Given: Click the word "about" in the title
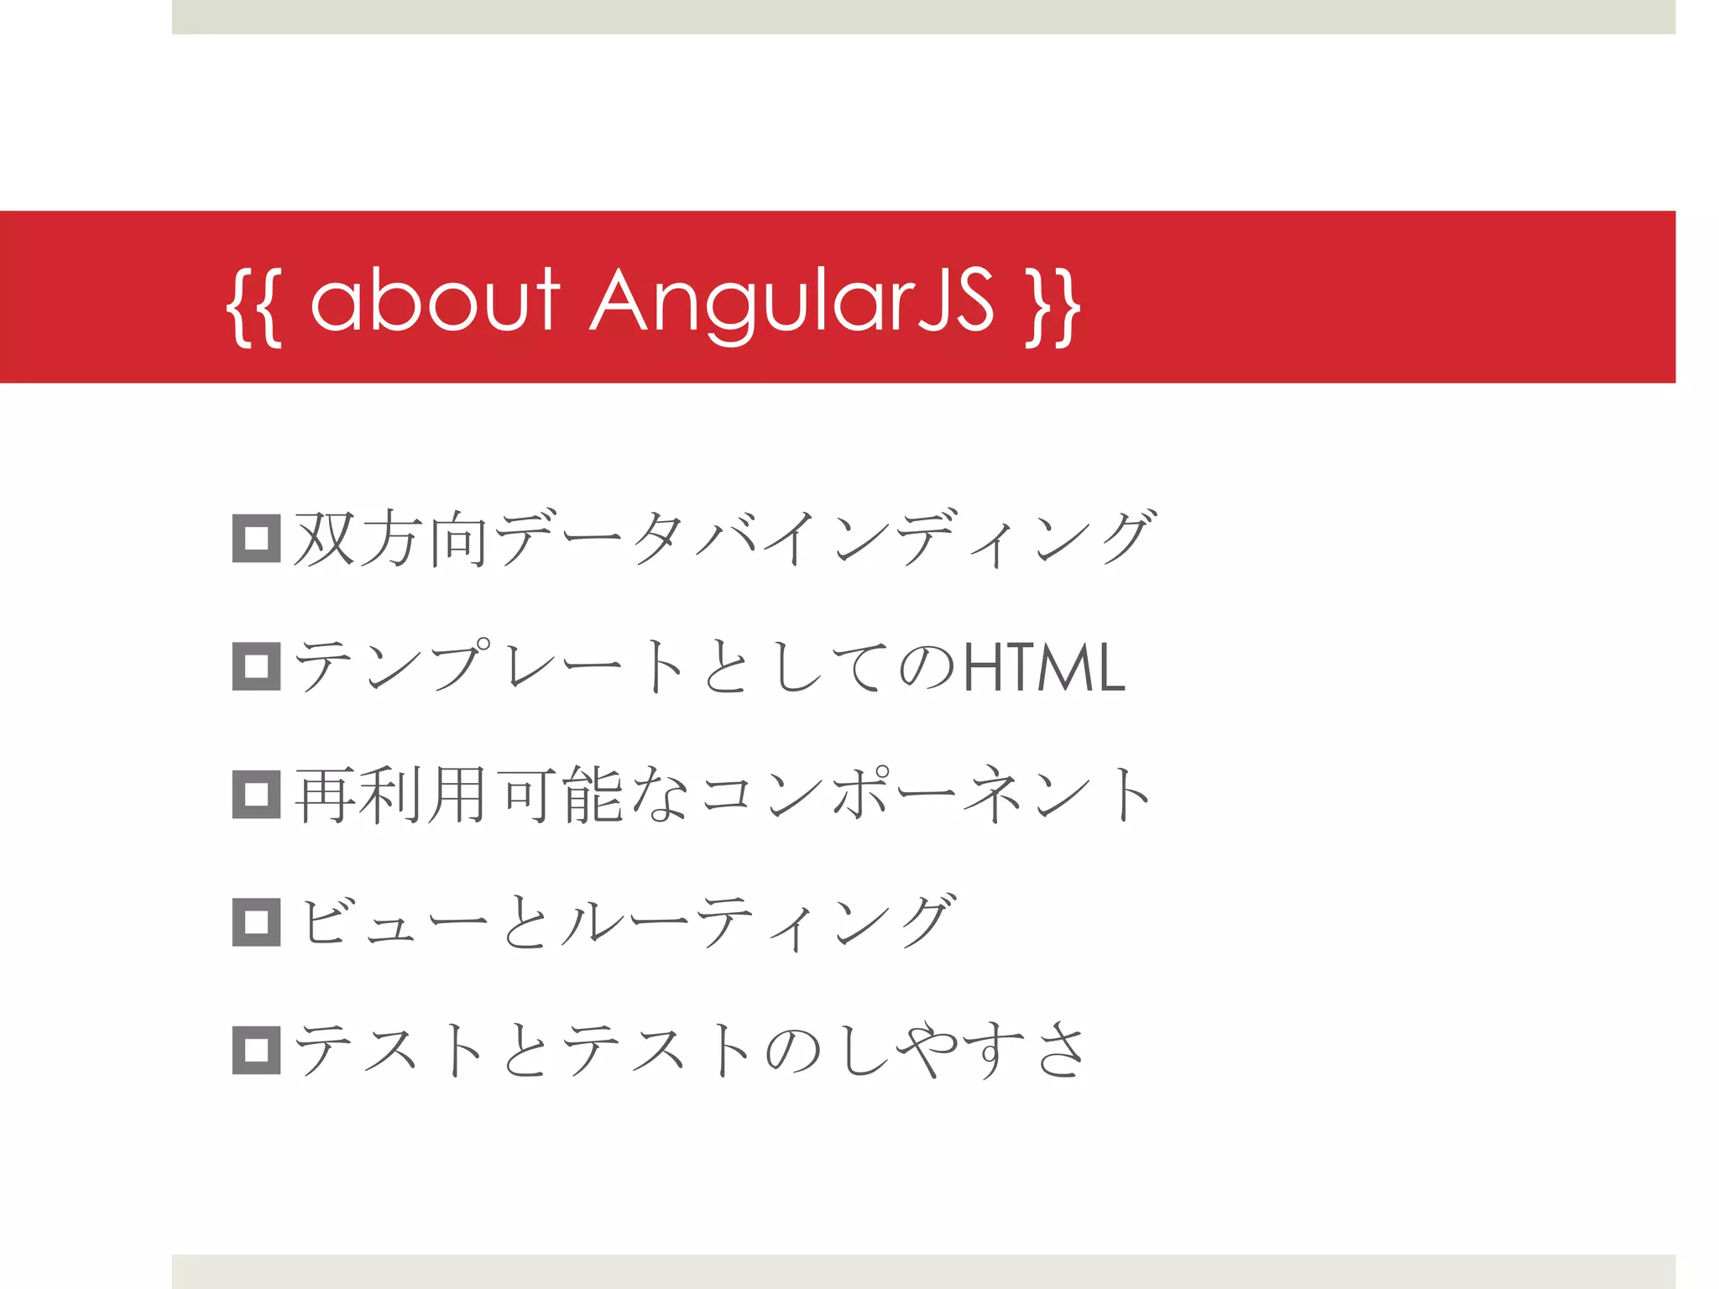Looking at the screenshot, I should click(x=435, y=300).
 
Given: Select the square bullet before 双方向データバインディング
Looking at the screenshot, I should click(x=256, y=538).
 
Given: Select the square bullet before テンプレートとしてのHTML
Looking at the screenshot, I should click(x=256, y=666).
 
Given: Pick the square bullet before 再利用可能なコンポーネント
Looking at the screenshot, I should click(x=256, y=794).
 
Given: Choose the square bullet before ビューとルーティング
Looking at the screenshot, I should click(x=256, y=922).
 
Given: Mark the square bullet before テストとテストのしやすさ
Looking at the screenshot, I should click(x=256, y=1050).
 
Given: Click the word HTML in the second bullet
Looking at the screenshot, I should click(x=1043, y=667).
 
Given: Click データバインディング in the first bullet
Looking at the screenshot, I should click(x=826, y=539).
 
